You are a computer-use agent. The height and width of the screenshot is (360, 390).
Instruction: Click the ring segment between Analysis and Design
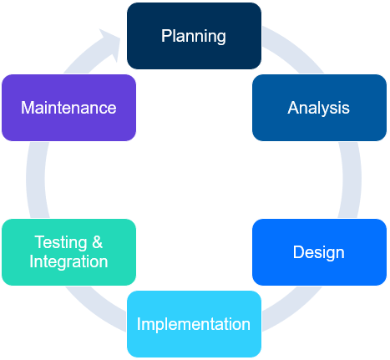click(x=352, y=180)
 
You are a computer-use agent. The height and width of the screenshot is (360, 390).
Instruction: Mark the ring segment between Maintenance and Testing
click(x=34, y=180)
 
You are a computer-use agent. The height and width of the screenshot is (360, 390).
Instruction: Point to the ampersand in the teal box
click(x=98, y=243)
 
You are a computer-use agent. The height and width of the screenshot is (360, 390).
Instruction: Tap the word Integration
click(x=68, y=261)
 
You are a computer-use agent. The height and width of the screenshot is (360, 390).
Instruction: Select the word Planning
click(x=194, y=36)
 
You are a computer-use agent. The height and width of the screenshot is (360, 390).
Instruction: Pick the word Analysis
click(x=319, y=108)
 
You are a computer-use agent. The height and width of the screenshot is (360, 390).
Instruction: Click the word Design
click(x=319, y=252)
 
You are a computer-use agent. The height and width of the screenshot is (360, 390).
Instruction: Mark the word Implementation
click(x=194, y=324)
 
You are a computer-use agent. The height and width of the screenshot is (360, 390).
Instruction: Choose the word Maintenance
click(x=68, y=108)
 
